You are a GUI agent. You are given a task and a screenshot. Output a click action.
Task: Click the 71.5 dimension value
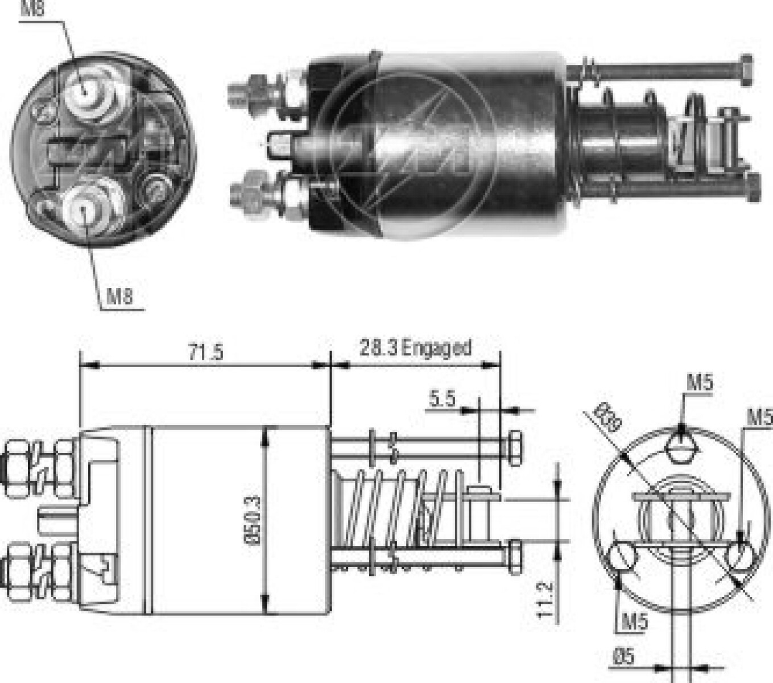click(205, 352)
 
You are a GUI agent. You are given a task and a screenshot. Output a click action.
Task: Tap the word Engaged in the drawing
click(436, 348)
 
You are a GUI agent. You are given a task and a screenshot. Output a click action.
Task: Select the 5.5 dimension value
click(442, 399)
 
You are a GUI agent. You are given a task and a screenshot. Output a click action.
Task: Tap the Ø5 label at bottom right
click(623, 657)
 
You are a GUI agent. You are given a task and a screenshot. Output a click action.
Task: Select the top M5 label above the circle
click(699, 383)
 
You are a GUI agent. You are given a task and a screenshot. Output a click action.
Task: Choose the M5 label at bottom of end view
click(634, 621)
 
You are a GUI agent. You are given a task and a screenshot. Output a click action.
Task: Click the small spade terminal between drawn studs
click(57, 521)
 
